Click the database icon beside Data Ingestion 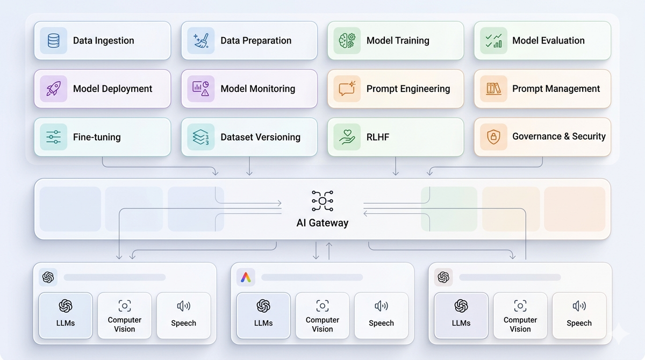coord(53,40)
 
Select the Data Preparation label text coord(256,40)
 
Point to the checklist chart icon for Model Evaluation coord(493,40)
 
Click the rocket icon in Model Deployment coord(53,89)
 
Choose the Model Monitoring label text coord(257,89)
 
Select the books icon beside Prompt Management coord(493,89)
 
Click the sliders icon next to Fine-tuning coord(53,137)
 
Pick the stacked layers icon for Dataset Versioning coord(200,137)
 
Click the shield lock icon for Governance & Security coord(493,137)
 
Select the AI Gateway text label coord(322,223)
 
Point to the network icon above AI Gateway coord(322,201)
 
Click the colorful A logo coord(246,277)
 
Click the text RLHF coord(378,137)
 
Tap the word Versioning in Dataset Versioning coord(275,137)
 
